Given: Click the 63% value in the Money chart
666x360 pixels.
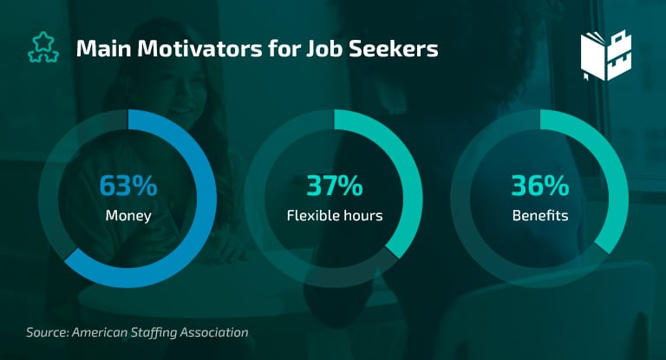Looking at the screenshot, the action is coord(128,186).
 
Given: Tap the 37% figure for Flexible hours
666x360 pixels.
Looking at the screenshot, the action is coord(335,186).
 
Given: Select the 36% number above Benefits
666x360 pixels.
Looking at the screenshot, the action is coord(540,186).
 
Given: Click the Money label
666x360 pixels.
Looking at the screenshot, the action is coord(128,216).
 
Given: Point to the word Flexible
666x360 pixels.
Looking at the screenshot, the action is coord(313,215).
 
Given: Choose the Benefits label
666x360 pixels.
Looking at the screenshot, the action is coord(540,215).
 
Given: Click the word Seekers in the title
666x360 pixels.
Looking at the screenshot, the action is coord(394,49).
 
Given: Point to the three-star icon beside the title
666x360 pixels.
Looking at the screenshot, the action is coord(43,48).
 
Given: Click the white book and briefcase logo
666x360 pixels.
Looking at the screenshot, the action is coord(606,56).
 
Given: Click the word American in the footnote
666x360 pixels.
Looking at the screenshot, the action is coord(100,332).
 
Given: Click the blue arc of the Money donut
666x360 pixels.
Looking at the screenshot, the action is coord(206,199).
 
